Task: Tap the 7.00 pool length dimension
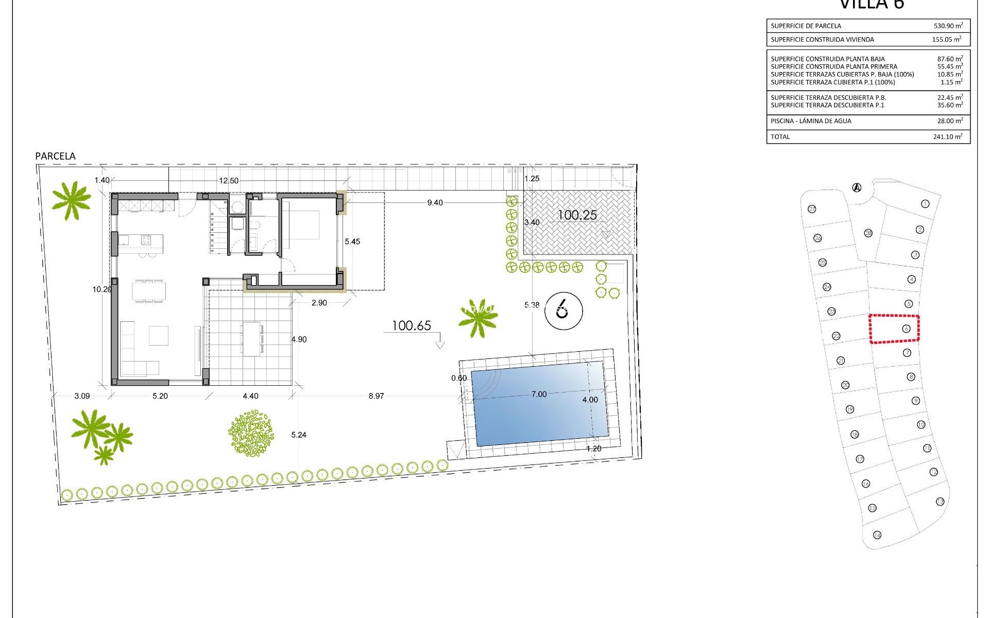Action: click(x=539, y=394)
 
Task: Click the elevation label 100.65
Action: click(x=411, y=325)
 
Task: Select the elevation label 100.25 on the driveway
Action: click(x=577, y=215)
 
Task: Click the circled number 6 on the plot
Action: click(x=563, y=311)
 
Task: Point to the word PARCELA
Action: click(x=55, y=156)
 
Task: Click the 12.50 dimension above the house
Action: click(x=229, y=180)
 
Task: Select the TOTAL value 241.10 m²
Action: click(x=948, y=136)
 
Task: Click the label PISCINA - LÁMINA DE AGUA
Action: click(x=811, y=121)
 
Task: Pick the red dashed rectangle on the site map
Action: click(x=894, y=329)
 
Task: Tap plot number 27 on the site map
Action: click(x=812, y=209)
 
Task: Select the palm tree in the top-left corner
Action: click(x=71, y=200)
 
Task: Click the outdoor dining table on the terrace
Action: click(x=252, y=339)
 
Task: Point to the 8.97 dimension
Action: click(x=376, y=396)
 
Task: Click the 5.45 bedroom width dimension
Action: click(x=352, y=242)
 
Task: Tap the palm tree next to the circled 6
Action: click(x=478, y=318)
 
